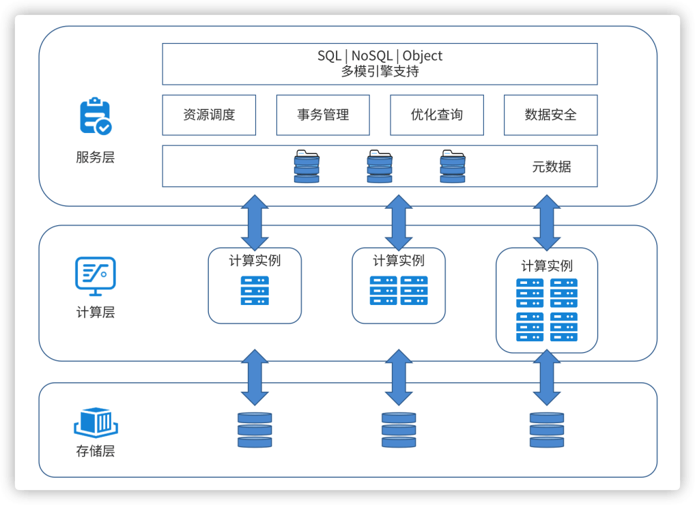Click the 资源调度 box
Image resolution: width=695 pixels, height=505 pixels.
[209, 115]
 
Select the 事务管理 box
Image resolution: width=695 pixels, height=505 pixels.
[323, 115]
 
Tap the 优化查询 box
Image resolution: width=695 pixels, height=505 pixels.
[437, 115]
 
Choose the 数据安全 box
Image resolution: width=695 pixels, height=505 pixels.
[551, 115]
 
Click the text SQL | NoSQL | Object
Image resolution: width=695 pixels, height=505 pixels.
[380, 56]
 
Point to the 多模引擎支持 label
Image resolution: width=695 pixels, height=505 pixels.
[380, 71]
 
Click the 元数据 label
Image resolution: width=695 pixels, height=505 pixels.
[552, 167]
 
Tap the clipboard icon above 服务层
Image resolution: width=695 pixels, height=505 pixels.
[96, 115]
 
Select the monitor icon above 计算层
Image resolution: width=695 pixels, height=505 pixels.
[96, 276]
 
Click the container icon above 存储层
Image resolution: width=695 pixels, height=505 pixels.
[96, 422]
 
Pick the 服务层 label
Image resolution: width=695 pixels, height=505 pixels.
[96, 157]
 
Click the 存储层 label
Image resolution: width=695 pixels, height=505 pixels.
[96, 451]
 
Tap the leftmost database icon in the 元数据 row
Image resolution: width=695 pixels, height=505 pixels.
[307, 167]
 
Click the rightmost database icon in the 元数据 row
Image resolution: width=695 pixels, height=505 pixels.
[453, 167]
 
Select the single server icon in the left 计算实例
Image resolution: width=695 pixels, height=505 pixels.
[255, 291]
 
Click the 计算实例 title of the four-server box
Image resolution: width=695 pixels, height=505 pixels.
[547, 265]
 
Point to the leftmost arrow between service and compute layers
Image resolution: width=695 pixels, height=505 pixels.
[255, 223]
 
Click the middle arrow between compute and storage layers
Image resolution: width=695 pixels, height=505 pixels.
[399, 377]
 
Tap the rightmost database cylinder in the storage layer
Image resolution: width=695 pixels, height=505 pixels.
[547, 430]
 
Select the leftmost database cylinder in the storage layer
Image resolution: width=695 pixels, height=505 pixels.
[255, 430]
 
